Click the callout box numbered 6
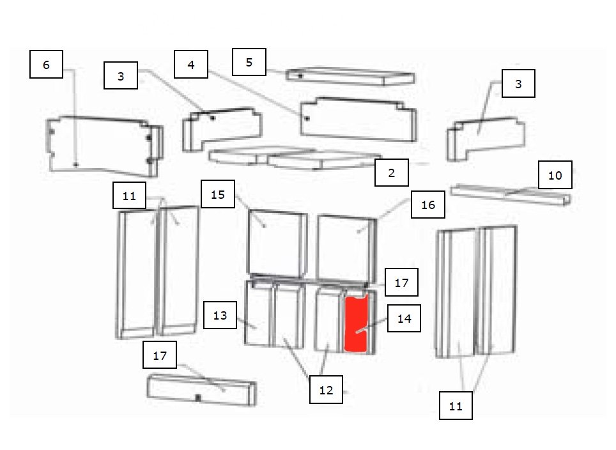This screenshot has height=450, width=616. pyautogui.click(x=46, y=64)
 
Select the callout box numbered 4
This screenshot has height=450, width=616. pyautogui.click(x=191, y=64)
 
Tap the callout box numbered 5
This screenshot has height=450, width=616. pyautogui.click(x=249, y=62)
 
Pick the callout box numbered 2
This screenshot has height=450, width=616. pyautogui.click(x=391, y=173)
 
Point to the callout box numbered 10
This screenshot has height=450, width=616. pyautogui.click(x=555, y=175)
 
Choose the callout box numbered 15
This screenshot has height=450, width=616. pyautogui.click(x=218, y=194)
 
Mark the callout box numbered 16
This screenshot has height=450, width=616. pyautogui.click(x=428, y=205)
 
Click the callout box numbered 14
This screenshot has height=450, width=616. pyautogui.click(x=404, y=318)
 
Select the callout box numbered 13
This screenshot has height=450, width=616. pyautogui.click(x=220, y=315)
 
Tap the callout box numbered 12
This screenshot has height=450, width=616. pyautogui.click(x=326, y=389)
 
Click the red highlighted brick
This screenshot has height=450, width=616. pyautogui.click(x=357, y=323)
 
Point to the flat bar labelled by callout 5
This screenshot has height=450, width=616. pyautogui.click(x=350, y=77)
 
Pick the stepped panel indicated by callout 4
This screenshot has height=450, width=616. pyautogui.click(x=358, y=119)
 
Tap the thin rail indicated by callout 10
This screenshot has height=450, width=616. pyautogui.click(x=511, y=194)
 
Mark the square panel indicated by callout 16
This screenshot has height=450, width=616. pyautogui.click(x=346, y=247)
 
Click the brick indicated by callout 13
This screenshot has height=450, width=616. pyautogui.click(x=258, y=313)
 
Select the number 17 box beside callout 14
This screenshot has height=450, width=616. pyautogui.click(x=401, y=282)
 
